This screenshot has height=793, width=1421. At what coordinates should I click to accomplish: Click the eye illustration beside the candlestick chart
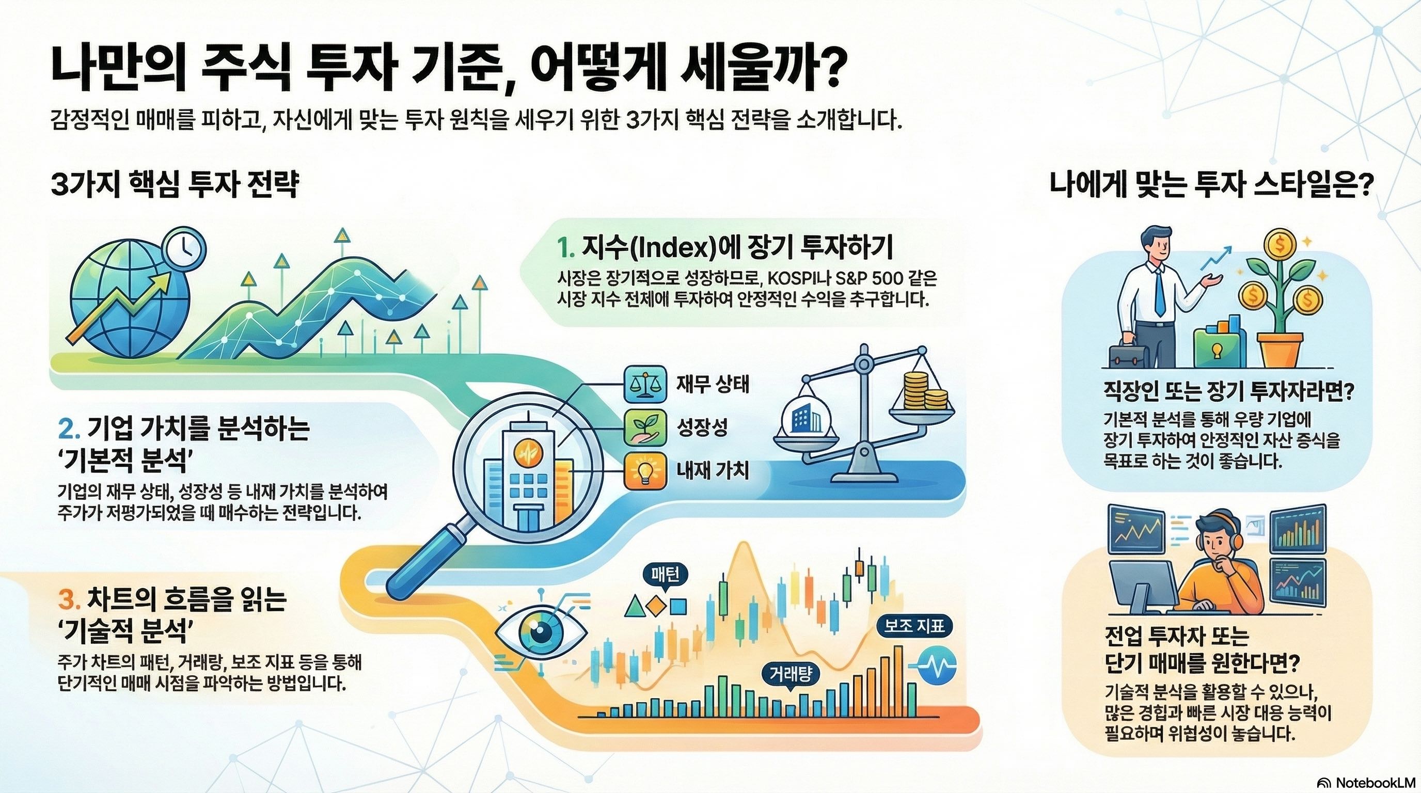point(540,635)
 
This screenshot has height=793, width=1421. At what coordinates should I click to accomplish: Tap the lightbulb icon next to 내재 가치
point(643,471)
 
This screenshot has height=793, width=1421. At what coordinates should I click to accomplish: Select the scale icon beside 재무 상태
point(643,385)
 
